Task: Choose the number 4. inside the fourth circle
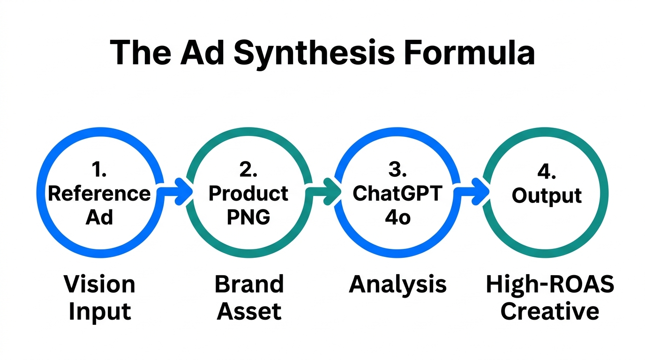point(546,172)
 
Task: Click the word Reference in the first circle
point(99,194)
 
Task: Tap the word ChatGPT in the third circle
point(397,194)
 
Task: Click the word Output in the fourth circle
point(547,195)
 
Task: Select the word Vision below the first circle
point(99,284)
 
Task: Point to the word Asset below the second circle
point(249,311)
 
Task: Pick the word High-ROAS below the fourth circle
point(549,284)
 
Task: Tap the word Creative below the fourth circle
point(549,311)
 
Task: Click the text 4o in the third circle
point(397,218)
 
